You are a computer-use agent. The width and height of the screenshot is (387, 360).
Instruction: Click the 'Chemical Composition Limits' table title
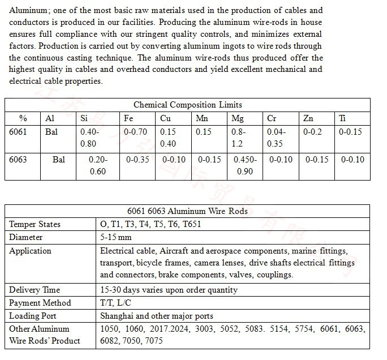(x=187, y=105)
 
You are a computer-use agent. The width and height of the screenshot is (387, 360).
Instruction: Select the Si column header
(x=84, y=118)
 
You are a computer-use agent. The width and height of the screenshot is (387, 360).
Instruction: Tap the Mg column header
(x=238, y=118)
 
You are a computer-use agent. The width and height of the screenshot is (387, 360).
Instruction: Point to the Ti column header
(x=342, y=118)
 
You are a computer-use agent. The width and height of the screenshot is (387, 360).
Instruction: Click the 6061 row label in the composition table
(x=18, y=132)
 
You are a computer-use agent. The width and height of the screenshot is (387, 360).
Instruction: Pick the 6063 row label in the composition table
(x=18, y=160)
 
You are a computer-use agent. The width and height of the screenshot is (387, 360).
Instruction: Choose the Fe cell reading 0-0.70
(x=135, y=132)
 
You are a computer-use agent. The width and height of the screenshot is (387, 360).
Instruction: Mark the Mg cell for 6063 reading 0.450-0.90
(x=245, y=165)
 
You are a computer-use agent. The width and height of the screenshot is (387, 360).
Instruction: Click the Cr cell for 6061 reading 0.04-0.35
(x=276, y=138)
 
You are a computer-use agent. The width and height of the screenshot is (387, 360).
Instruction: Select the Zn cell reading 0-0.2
(x=312, y=132)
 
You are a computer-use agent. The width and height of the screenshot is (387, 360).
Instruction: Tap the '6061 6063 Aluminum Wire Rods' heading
(x=187, y=211)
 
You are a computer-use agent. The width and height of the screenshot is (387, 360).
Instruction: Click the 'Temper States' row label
(x=35, y=224)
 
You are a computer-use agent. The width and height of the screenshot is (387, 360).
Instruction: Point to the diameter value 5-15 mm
(x=116, y=237)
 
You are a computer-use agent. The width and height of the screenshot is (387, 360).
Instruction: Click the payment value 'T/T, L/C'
(x=115, y=303)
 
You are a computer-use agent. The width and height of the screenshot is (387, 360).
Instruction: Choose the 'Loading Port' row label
(x=33, y=316)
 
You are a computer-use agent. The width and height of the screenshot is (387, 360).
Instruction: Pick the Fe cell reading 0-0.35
(x=136, y=160)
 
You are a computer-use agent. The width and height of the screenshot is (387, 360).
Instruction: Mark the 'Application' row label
(x=30, y=251)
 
